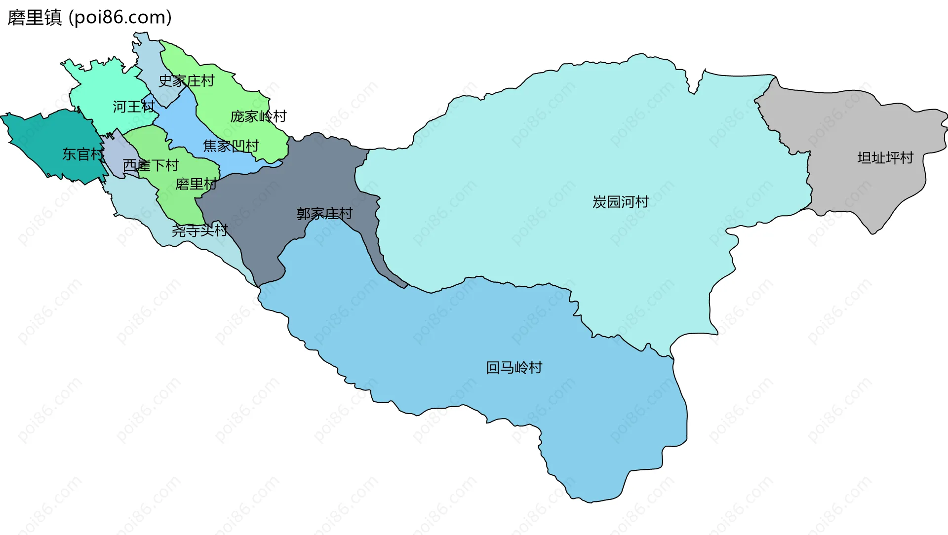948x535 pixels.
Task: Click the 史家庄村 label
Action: [x=186, y=80]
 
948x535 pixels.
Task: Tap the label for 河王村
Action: [x=134, y=107]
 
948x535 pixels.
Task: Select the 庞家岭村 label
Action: [x=258, y=116]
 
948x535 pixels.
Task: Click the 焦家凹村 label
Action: [x=231, y=146]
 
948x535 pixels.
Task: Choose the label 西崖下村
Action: [x=151, y=165]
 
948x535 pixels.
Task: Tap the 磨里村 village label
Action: [x=196, y=184]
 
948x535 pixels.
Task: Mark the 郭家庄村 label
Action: [x=324, y=214]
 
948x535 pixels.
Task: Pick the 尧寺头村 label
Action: [x=199, y=230]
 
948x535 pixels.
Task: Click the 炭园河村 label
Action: [x=621, y=202]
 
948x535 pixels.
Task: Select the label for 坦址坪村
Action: [x=885, y=158]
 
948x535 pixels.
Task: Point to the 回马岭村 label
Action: [x=514, y=368]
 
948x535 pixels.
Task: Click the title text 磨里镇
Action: [x=35, y=18]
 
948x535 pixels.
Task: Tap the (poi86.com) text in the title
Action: [x=120, y=18]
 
